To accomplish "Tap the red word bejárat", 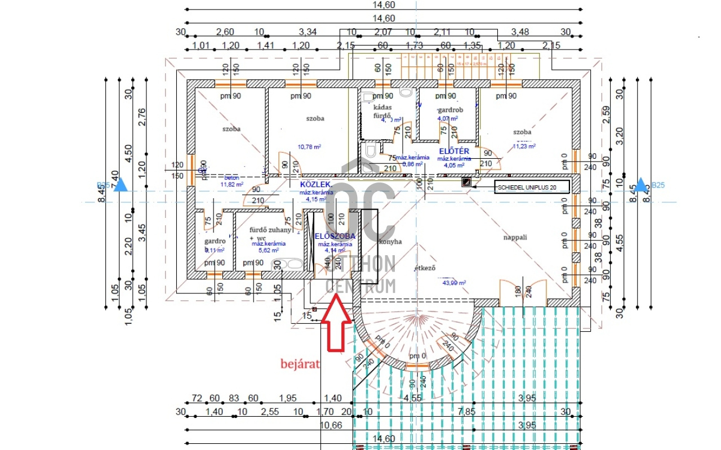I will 300,364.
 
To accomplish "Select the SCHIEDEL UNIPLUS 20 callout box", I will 531,186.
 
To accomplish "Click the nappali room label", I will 515,237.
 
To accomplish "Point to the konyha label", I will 390,242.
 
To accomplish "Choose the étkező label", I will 426,268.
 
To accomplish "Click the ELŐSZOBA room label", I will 335,236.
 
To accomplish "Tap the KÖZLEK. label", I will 316,185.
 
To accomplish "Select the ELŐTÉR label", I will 454,151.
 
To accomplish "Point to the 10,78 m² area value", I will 309,147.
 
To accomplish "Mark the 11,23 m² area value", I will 523,146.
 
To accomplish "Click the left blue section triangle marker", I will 120,185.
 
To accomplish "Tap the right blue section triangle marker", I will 641,185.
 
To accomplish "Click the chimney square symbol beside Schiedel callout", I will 466,182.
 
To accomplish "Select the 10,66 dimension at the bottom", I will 332,425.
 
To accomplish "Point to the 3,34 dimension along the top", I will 308,32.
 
